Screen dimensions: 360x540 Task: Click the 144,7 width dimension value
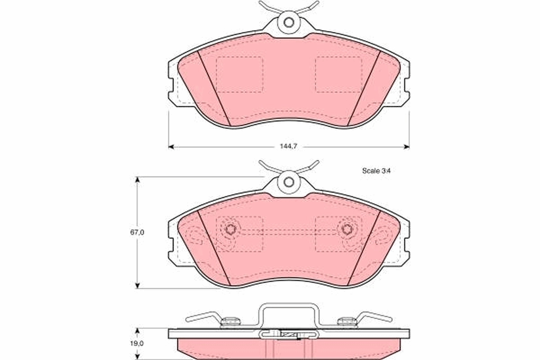(288, 147)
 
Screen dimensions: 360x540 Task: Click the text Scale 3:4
(376, 171)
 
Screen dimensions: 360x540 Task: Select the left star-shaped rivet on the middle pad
(231, 229)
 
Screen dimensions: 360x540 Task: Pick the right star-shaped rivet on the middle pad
(346, 229)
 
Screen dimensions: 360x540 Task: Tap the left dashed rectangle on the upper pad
(239, 75)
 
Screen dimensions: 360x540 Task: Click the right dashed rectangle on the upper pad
(338, 75)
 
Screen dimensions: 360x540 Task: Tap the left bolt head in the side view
(231, 321)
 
